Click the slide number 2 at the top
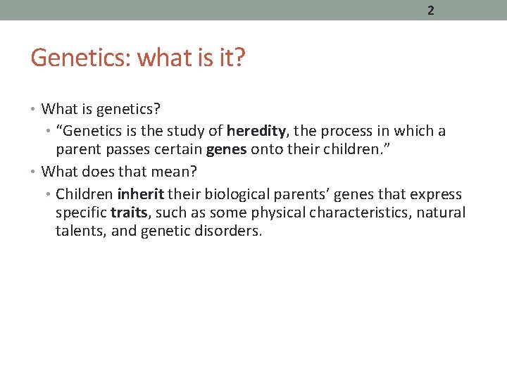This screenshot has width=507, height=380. tap(430, 11)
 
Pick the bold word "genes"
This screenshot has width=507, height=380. tap(226, 149)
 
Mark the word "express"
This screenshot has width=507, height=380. tap(436, 194)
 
